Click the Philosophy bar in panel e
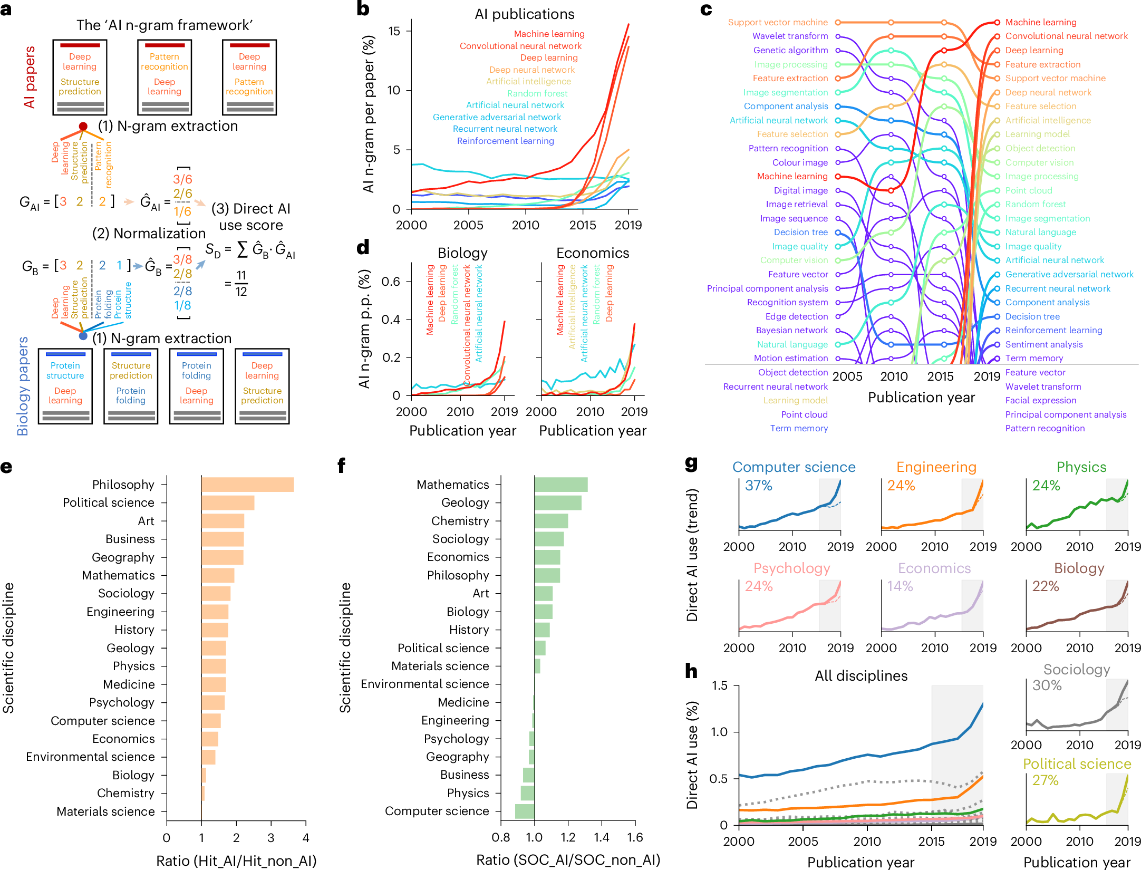tap(247, 485)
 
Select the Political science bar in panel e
tap(228, 502)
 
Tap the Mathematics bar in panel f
tap(560, 485)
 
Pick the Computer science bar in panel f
tap(525, 811)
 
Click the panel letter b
tap(363, 9)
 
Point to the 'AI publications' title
tap(524, 14)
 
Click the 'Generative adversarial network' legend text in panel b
tap(497, 117)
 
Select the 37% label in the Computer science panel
tap(758, 486)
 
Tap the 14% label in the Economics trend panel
tap(900, 586)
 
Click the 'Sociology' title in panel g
tap(1076, 670)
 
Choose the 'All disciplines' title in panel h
tap(861, 676)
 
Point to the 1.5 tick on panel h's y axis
tap(720, 685)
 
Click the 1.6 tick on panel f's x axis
tap(635, 837)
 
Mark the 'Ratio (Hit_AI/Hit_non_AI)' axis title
tap(236, 861)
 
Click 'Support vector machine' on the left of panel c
tap(778, 22)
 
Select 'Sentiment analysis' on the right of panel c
tap(1043, 344)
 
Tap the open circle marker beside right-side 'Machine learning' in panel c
tap(997, 22)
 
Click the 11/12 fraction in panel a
tap(241, 283)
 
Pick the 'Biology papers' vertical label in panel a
tap(23, 386)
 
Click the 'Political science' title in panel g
tap(1077, 764)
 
